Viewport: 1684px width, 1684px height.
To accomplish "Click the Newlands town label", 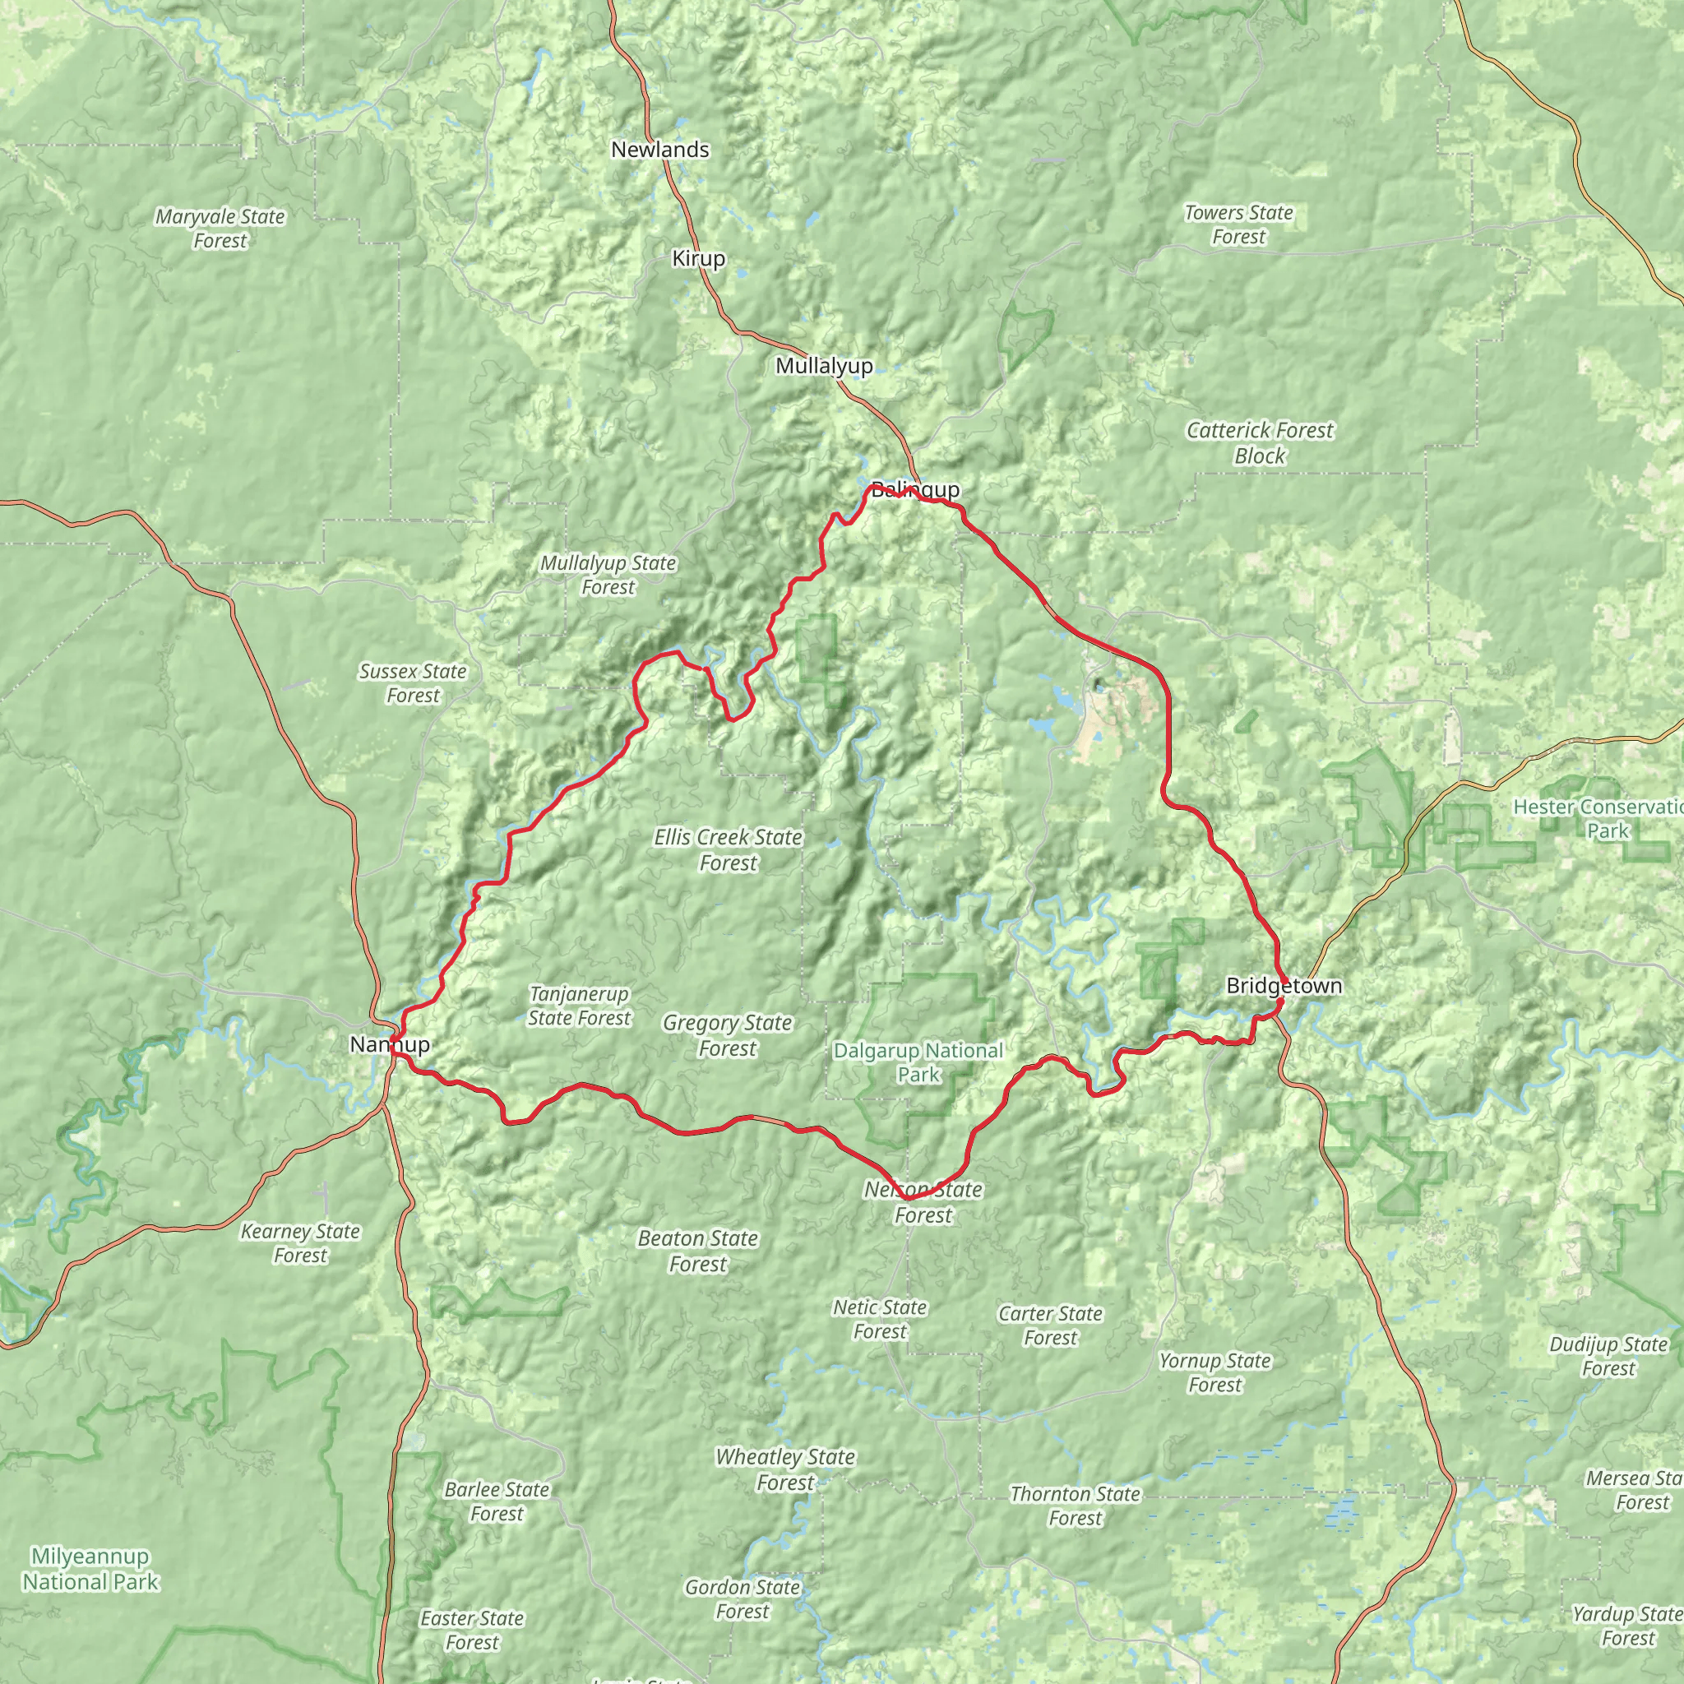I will (x=659, y=150).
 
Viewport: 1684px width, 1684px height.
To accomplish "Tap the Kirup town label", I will (x=698, y=259).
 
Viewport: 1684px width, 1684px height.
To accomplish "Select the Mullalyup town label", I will (x=824, y=366).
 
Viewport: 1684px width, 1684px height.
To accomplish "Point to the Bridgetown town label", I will (x=1283, y=986).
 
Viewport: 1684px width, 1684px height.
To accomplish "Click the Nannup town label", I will (x=389, y=1044).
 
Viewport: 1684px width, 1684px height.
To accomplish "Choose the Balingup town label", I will (x=915, y=490).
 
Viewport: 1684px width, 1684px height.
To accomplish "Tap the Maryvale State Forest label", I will (x=220, y=229).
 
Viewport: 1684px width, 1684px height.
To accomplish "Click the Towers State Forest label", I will (x=1238, y=224).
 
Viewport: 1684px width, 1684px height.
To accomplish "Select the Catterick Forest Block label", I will (x=1260, y=443).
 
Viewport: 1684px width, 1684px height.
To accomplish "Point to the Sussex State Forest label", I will (x=412, y=683).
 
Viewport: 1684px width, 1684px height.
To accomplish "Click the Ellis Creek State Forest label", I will (x=728, y=850).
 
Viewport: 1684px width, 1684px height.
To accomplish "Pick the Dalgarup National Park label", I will (x=918, y=1062).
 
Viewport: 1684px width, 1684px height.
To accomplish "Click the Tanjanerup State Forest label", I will (x=579, y=1006).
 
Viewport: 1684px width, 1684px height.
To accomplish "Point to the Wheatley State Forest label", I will (x=784, y=1469).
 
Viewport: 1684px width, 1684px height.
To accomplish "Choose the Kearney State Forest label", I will (x=300, y=1243).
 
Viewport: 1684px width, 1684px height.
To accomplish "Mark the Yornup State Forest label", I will (x=1214, y=1373).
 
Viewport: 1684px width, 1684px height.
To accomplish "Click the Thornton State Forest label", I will (x=1075, y=1506).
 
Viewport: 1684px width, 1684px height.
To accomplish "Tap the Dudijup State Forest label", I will (x=1608, y=1356).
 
